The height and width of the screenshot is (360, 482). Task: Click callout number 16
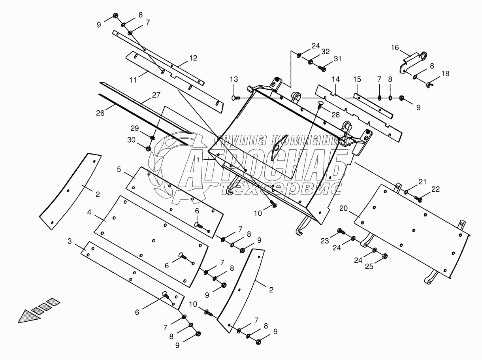[395, 47]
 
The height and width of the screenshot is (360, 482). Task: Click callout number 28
[336, 115]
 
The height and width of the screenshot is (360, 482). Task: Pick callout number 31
[337, 58]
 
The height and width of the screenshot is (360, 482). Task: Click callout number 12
[193, 58]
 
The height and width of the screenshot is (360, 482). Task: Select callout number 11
[133, 79]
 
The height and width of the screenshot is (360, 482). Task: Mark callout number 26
[100, 113]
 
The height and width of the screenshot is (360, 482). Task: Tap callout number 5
[119, 170]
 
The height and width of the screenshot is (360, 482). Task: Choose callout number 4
[90, 212]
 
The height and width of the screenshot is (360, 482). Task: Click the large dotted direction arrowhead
[27, 317]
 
